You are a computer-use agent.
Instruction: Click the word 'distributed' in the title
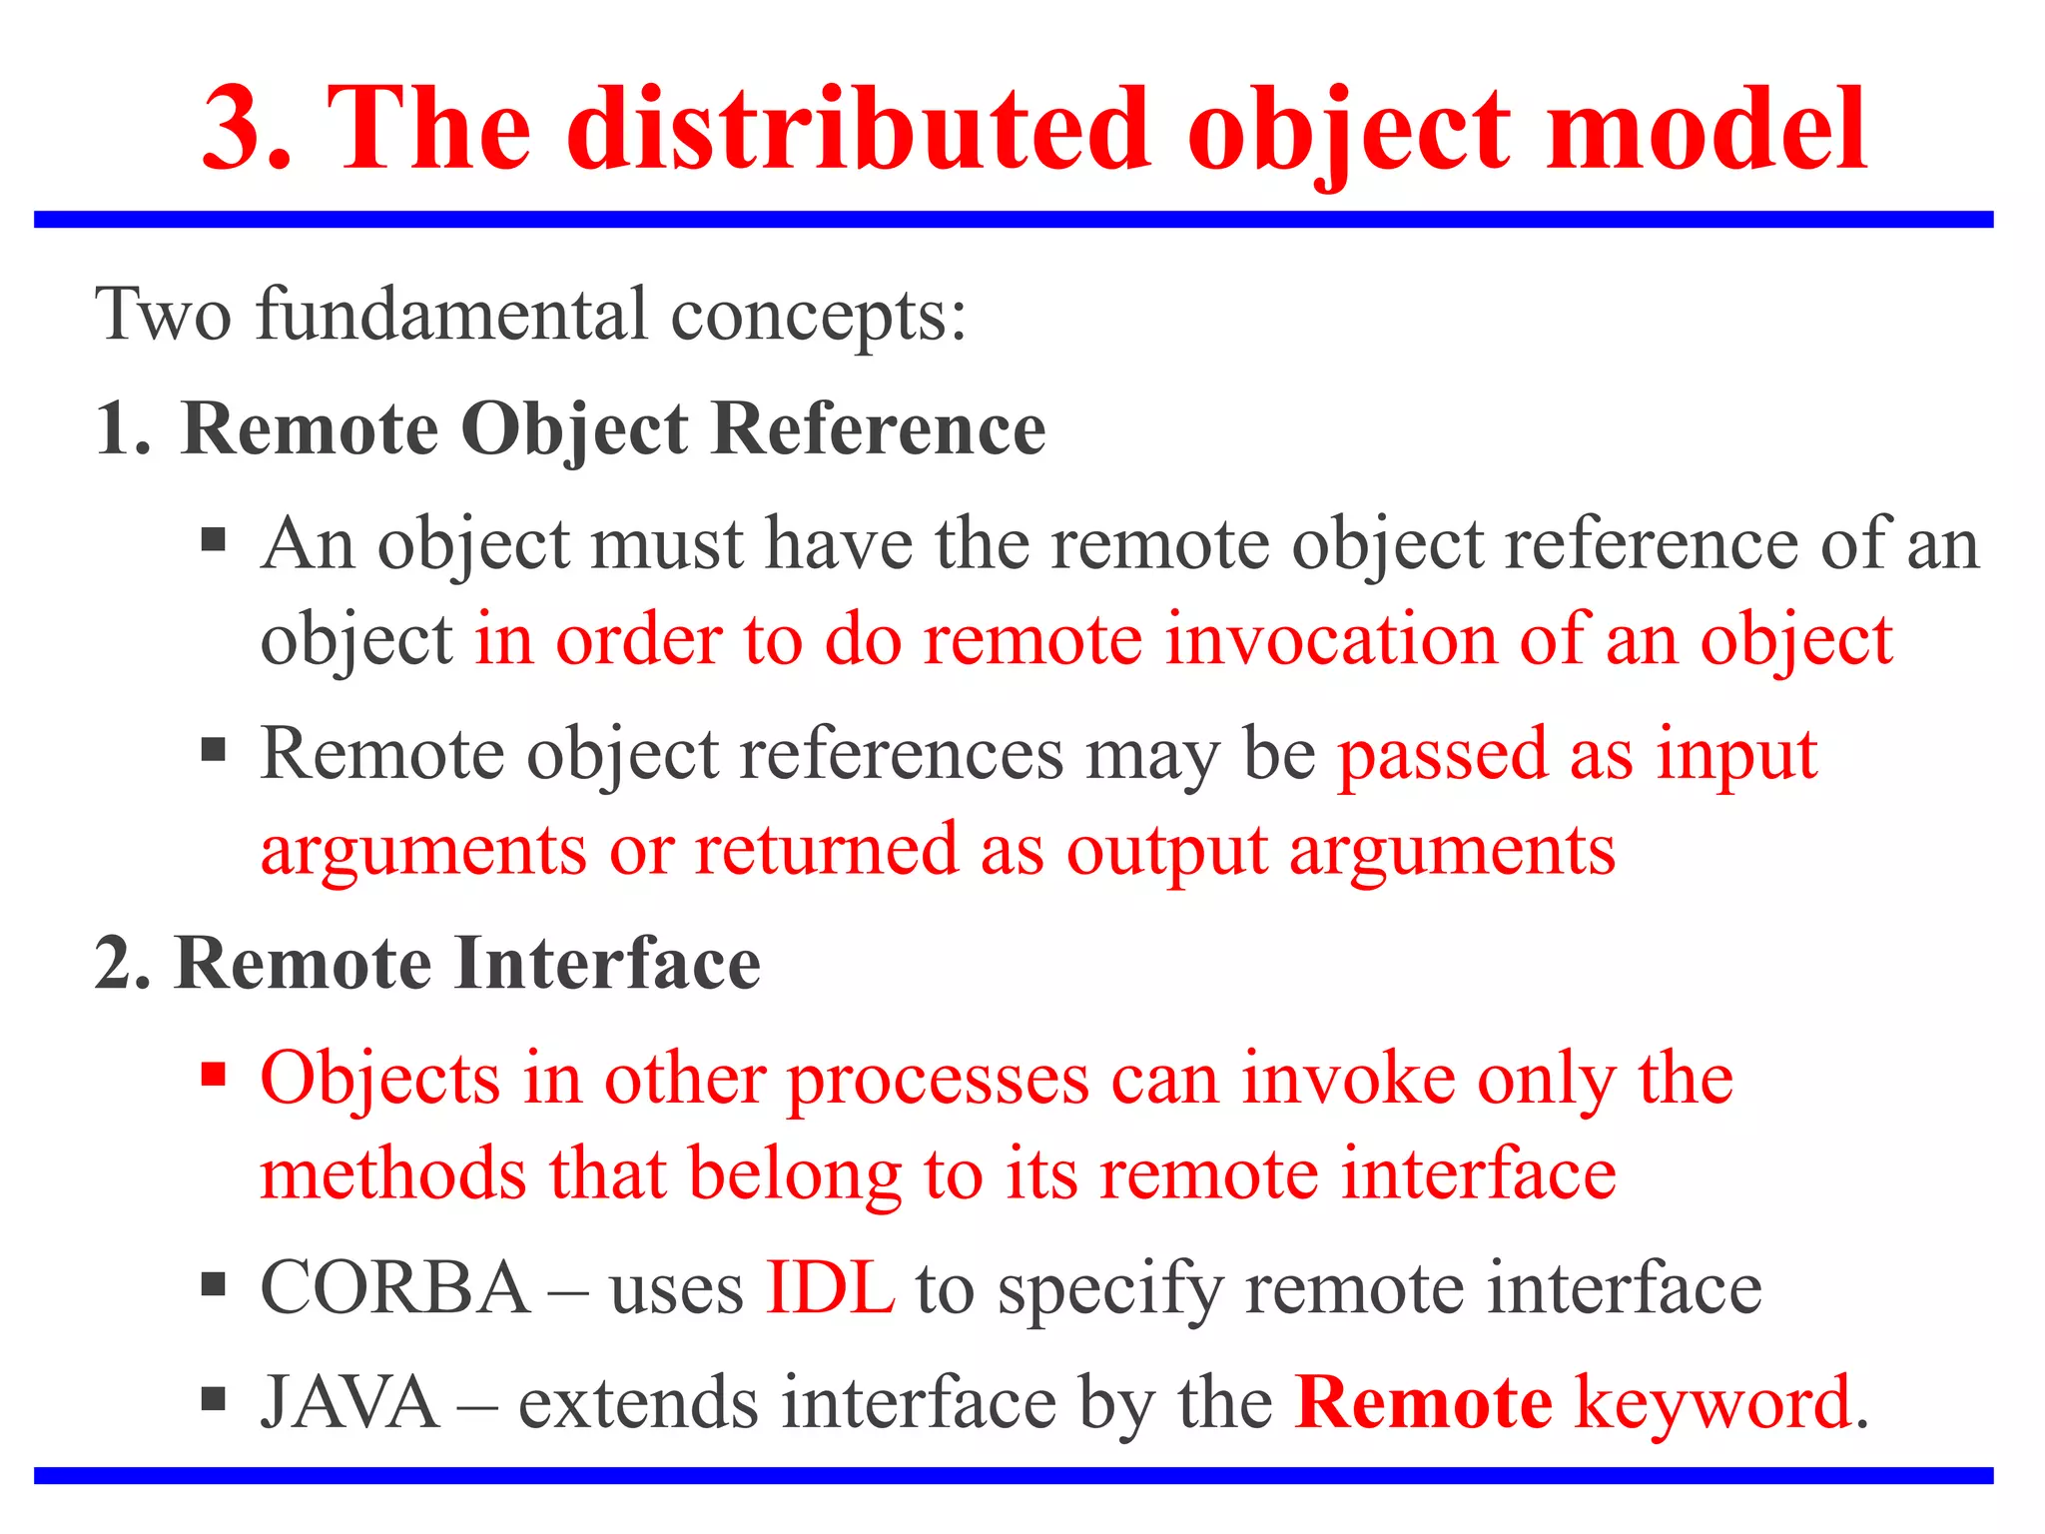click(860, 130)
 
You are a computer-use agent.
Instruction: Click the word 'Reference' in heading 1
click(879, 429)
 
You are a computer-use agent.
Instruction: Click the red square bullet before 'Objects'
click(213, 1076)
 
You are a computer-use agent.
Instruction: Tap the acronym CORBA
click(394, 1288)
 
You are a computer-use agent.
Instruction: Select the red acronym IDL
click(829, 1288)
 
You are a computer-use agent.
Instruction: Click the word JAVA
click(349, 1403)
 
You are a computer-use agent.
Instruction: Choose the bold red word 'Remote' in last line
click(1423, 1403)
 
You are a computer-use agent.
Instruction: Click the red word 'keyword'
click(1712, 1403)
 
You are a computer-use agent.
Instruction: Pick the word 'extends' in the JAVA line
click(639, 1403)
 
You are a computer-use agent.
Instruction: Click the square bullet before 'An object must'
click(213, 541)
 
